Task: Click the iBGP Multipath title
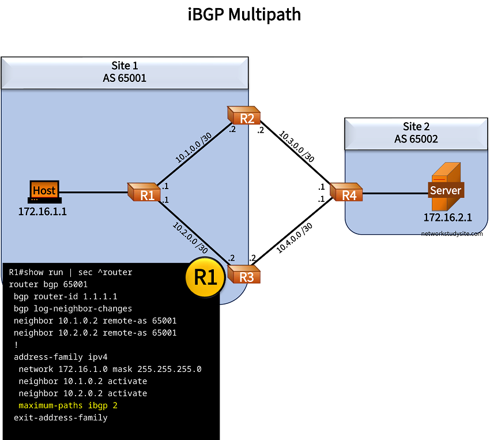(244, 14)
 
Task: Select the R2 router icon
(244, 116)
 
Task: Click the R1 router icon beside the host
(145, 193)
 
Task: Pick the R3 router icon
(244, 274)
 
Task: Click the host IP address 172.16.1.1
(43, 212)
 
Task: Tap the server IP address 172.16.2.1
(448, 217)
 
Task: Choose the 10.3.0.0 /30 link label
(297, 146)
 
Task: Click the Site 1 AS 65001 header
(125, 72)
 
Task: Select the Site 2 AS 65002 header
(416, 133)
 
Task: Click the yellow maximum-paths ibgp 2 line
(68, 405)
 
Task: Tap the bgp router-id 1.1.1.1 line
(65, 296)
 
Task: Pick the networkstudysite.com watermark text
(452, 234)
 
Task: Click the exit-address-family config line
(61, 418)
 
